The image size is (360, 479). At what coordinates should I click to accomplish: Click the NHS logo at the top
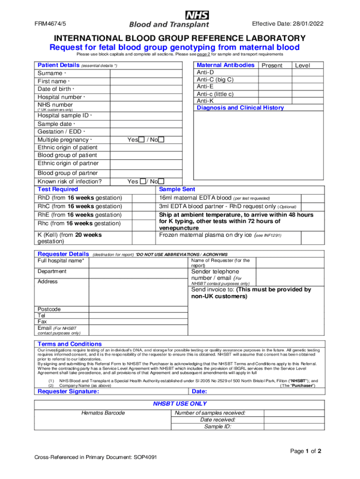pos(197,15)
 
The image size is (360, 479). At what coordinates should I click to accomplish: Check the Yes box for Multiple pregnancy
pos(141,140)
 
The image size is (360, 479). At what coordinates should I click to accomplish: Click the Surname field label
pos(50,73)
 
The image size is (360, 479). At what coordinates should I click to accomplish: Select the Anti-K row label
pos(206,101)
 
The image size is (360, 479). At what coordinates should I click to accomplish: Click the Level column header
pos(302,65)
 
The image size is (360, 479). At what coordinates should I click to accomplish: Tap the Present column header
pos(272,65)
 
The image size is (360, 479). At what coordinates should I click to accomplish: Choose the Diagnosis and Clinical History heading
pos(240,108)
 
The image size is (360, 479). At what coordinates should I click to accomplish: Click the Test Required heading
pos(58,189)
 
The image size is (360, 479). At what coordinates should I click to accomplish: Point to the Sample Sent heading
pos(177,189)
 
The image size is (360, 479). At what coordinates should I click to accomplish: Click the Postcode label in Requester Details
pos(49,309)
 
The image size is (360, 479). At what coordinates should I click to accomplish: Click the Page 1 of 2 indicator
pos(306,451)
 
